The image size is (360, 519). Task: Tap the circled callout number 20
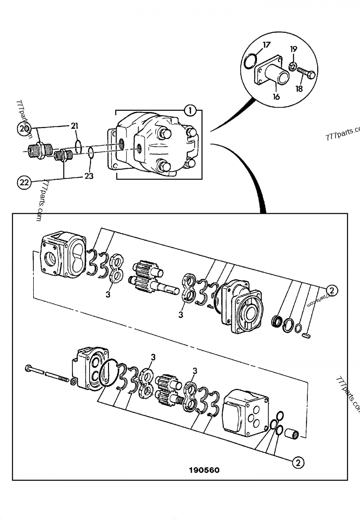tap(25, 128)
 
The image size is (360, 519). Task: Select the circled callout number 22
tap(25, 182)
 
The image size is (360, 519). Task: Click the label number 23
tap(89, 176)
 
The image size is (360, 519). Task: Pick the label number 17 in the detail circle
tap(266, 45)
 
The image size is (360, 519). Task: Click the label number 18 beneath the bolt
tap(299, 89)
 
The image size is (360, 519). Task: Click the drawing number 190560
tap(204, 470)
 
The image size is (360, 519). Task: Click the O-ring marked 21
tap(78, 147)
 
